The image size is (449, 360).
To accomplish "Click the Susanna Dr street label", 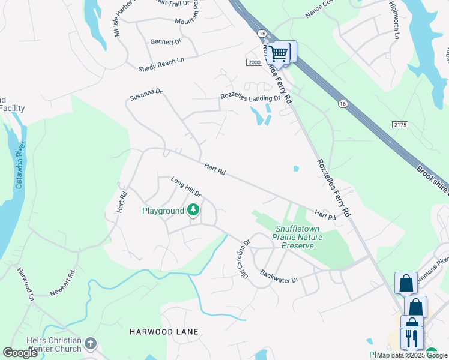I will pyautogui.click(x=146, y=95).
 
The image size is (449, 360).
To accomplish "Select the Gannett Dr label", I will pyautogui.click(x=166, y=42).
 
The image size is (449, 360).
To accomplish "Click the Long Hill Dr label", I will pyautogui.click(x=186, y=187).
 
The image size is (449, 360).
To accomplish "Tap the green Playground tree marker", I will pyautogui.click(x=193, y=210).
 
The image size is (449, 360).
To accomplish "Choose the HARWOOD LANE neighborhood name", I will pyautogui.click(x=164, y=332).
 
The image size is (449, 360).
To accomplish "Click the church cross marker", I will pyautogui.click(x=90, y=344).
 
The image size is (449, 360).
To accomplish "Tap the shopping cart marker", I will pyautogui.click(x=278, y=53).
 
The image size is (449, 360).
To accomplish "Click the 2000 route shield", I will pyautogui.click(x=255, y=62).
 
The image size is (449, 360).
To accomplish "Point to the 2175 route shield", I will pyautogui.click(x=400, y=124).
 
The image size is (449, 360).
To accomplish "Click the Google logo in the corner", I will pyautogui.click(x=20, y=353).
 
